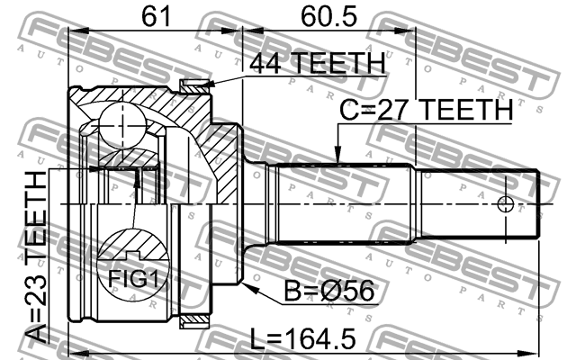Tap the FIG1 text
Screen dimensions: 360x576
point(133,279)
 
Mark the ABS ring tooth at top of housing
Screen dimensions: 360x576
point(193,86)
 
